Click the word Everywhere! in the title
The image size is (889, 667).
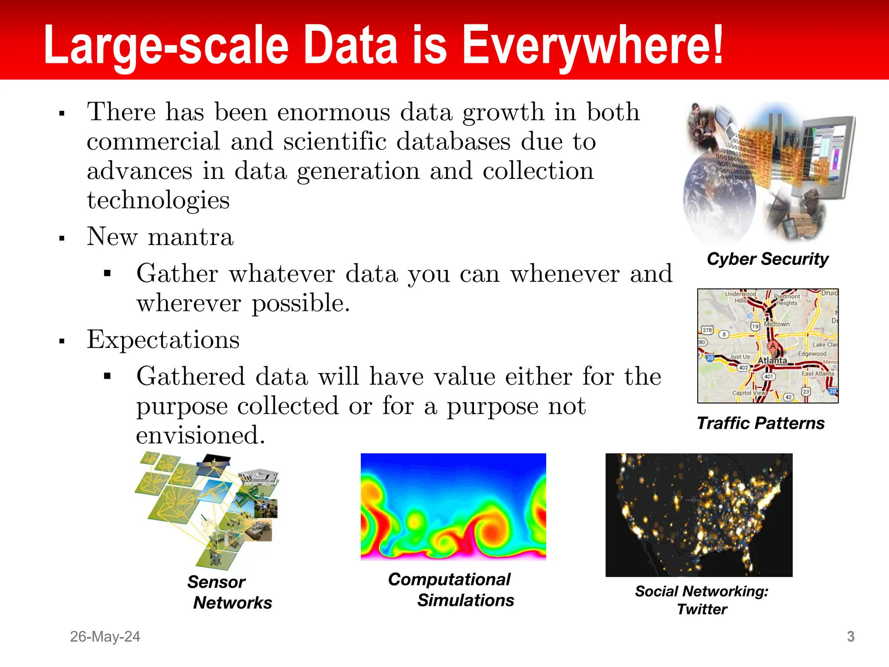point(593,46)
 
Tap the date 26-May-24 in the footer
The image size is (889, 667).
point(105,637)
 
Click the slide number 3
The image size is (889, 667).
point(850,637)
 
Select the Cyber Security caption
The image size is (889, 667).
point(767,259)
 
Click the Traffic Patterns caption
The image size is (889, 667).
point(761,423)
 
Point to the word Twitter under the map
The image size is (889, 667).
point(702,609)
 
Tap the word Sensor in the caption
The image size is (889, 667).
point(216,582)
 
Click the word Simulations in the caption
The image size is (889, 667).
point(465,600)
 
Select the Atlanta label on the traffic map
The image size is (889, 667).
point(772,360)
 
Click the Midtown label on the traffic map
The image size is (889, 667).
point(777,324)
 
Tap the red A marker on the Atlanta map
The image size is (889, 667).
point(773,347)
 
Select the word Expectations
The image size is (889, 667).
point(163,340)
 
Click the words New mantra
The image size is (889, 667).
point(160,237)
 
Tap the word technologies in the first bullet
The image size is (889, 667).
point(158,200)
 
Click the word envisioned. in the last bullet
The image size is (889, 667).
point(200,435)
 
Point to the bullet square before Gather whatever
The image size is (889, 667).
point(108,274)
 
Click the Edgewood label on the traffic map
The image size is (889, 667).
point(812,353)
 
